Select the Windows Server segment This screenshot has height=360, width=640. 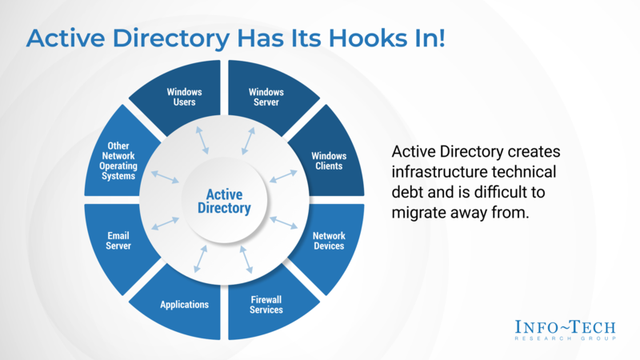(x=266, y=97)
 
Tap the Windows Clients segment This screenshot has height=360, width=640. (x=326, y=160)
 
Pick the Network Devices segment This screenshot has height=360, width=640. (x=328, y=241)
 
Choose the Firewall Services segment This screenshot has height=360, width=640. (x=266, y=304)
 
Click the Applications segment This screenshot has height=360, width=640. (x=184, y=304)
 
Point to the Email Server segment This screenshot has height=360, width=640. (x=119, y=241)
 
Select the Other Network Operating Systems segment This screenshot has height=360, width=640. (x=119, y=161)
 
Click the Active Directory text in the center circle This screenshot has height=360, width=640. (x=224, y=202)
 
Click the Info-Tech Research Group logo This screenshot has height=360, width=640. (x=566, y=330)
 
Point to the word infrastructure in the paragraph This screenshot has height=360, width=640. (x=435, y=172)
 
